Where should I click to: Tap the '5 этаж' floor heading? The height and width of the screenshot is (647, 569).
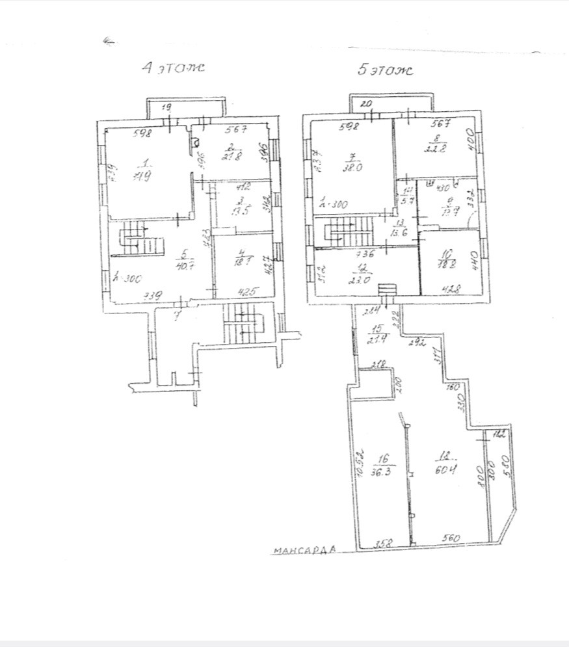coord(386,70)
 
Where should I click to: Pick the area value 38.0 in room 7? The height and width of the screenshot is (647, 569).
coord(354,165)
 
